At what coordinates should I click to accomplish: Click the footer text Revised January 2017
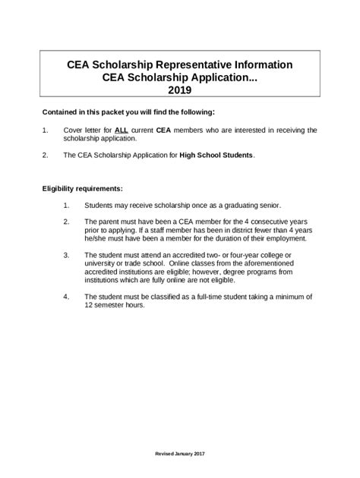click(x=179, y=453)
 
